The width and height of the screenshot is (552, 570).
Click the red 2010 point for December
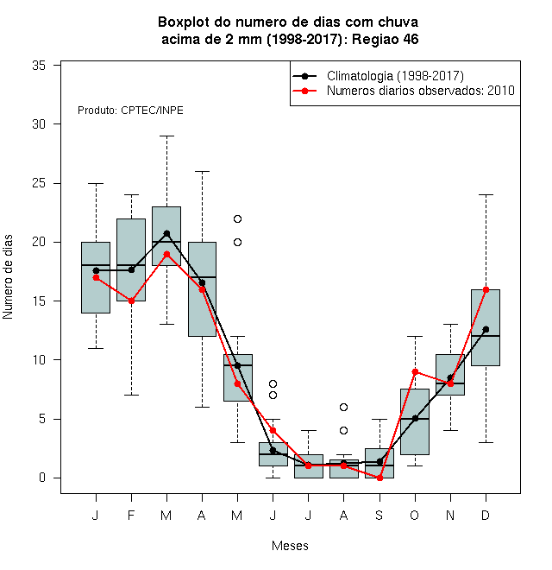pyautogui.click(x=486, y=289)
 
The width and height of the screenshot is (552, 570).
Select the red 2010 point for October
pyautogui.click(x=415, y=371)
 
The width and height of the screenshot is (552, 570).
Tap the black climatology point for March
pyautogui.click(x=166, y=233)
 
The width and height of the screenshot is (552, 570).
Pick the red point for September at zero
pyautogui.click(x=379, y=478)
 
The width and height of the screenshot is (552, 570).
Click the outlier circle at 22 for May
pyautogui.click(x=237, y=218)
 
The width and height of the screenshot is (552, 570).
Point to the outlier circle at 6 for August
pyautogui.click(x=343, y=407)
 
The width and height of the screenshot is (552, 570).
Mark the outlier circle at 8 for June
pyautogui.click(x=273, y=383)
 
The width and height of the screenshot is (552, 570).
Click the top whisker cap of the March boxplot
pyautogui.click(x=166, y=136)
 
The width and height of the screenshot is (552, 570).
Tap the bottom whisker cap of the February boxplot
pyautogui.click(x=131, y=396)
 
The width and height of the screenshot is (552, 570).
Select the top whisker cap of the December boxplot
pyautogui.click(x=486, y=195)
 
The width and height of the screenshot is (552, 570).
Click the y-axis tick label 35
pyautogui.click(x=39, y=66)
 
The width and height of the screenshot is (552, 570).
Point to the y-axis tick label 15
pyautogui.click(x=39, y=301)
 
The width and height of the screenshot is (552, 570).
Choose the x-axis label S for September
pyautogui.click(x=379, y=515)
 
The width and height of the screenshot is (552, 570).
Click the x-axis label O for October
pyautogui.click(x=415, y=515)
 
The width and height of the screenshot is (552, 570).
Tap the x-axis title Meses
pyautogui.click(x=290, y=546)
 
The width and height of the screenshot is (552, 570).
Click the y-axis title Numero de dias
pyautogui.click(x=8, y=277)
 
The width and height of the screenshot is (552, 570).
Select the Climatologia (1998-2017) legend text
pyautogui.click(x=395, y=76)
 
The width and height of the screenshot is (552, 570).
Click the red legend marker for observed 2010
pyautogui.click(x=304, y=91)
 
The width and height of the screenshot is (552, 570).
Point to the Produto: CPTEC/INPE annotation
pyautogui.click(x=130, y=111)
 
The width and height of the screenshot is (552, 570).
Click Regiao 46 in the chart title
pyautogui.click(x=385, y=39)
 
